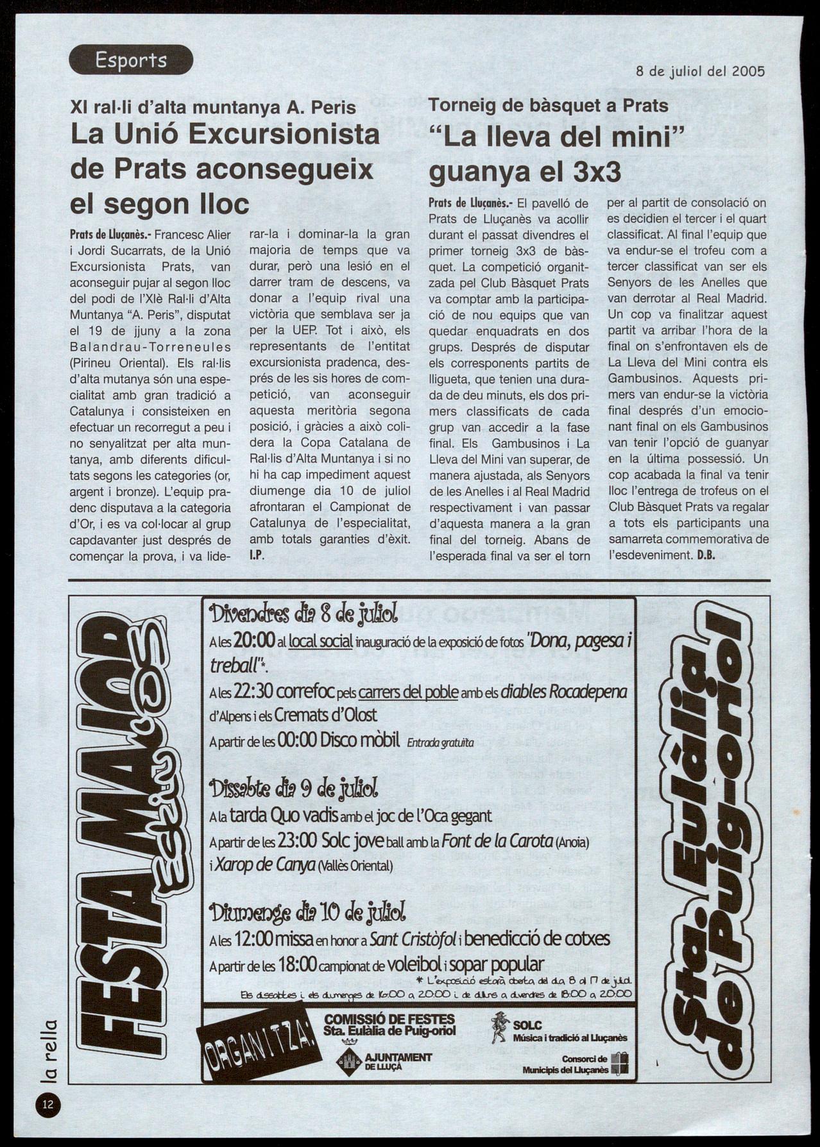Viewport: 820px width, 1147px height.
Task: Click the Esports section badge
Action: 131,60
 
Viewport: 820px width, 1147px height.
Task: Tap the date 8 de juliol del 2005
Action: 700,71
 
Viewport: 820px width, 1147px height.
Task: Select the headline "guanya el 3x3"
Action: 524,171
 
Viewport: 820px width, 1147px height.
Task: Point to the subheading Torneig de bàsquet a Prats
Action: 549,106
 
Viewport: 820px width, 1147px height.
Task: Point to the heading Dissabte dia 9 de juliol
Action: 293,789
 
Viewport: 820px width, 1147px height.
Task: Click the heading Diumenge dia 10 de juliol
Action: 307,911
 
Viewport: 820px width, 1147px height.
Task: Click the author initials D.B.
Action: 706,555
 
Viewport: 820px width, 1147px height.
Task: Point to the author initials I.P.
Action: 257,555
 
